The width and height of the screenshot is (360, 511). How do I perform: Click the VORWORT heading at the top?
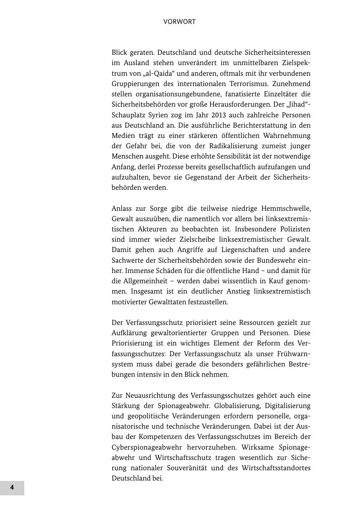tap(179, 22)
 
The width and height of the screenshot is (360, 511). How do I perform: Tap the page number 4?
tap(12, 488)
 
